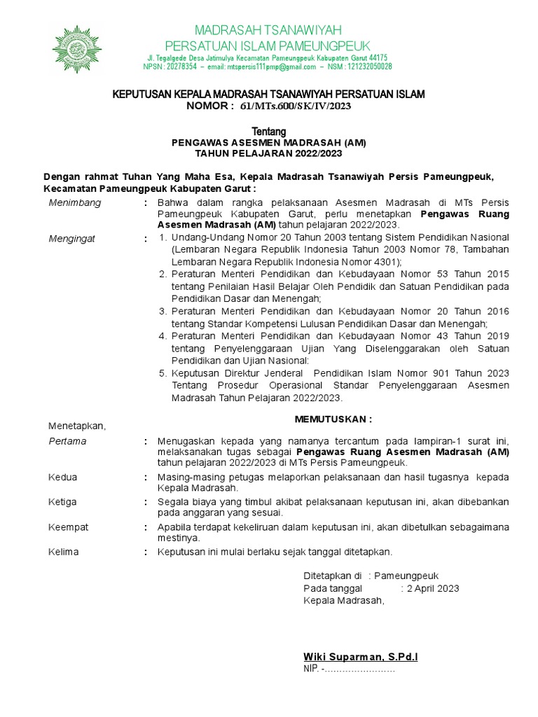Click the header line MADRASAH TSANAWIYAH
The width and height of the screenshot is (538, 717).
pos(268,29)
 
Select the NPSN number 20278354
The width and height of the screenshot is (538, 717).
pos(180,67)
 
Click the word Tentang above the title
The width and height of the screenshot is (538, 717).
pos(268,132)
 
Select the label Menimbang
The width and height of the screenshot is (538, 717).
pos(75,203)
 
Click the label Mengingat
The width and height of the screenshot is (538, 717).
pos(72,238)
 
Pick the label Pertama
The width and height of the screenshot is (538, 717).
pos(68,441)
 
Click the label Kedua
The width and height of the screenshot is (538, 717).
pos(63,477)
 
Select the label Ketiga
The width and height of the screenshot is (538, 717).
pos(63,502)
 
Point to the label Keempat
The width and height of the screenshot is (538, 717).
pos(67,527)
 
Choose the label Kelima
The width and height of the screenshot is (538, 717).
pos(64,552)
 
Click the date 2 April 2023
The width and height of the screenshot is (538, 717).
pos(432,588)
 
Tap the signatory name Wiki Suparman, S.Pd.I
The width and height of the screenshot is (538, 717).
pos(360,656)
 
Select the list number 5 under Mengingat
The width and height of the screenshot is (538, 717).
pos(163,373)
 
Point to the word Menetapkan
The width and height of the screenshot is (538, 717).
pos(76,425)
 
